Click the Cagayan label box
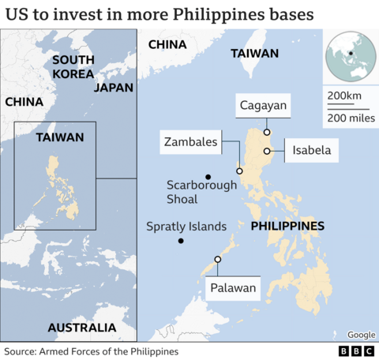(x=264, y=105)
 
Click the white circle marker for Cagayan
(x=268, y=132)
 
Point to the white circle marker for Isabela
(x=268, y=151)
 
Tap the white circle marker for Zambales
(x=239, y=171)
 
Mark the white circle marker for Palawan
(x=218, y=260)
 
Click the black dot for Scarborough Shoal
(x=208, y=176)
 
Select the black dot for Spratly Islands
(x=181, y=241)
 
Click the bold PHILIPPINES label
(x=287, y=227)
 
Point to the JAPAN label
(x=114, y=88)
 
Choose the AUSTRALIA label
(x=81, y=327)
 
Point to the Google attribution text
(x=361, y=335)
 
